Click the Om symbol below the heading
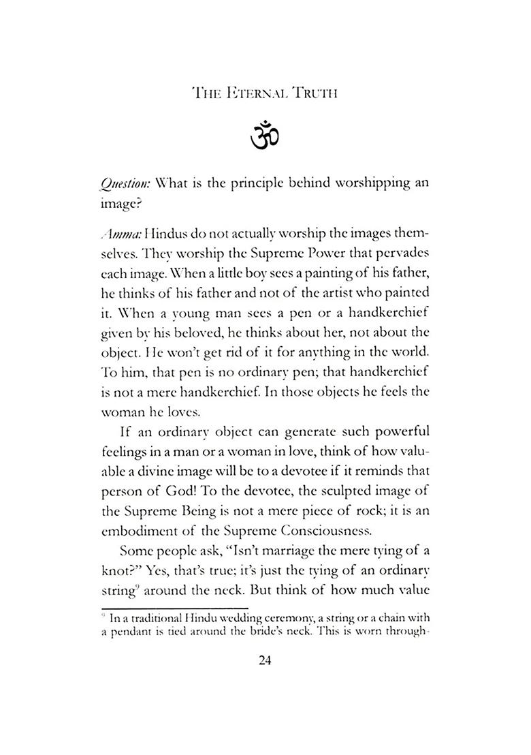(x=265, y=135)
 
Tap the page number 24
(x=265, y=660)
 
